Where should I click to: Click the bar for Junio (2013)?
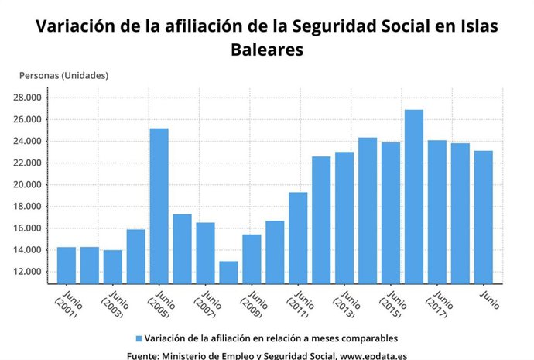[x=344, y=218]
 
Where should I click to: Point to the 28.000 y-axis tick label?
[x=28, y=98]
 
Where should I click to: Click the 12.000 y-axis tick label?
[x=28, y=272]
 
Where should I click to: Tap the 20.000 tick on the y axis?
[x=28, y=185]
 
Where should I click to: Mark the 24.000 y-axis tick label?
[x=28, y=142]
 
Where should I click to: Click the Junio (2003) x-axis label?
[x=115, y=303]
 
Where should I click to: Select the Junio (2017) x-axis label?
[x=440, y=303]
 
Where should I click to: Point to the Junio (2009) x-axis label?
[x=255, y=303]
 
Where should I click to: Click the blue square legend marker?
[x=139, y=339]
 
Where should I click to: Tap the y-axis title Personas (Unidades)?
[x=63, y=75]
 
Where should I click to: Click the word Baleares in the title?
[x=267, y=49]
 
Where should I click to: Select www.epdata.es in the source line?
[x=373, y=355]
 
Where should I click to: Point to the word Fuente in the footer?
[x=143, y=355]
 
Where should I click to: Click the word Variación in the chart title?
[x=75, y=26]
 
